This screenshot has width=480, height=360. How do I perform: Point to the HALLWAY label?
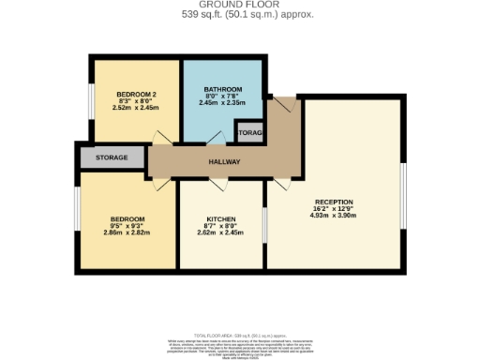tap(225, 162)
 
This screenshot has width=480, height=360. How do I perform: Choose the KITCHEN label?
tap(221, 218)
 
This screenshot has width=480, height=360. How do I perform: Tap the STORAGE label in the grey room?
tap(111, 157)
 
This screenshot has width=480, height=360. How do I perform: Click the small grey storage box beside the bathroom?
tap(249, 133)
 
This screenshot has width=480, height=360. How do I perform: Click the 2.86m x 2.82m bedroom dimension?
tap(127, 232)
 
